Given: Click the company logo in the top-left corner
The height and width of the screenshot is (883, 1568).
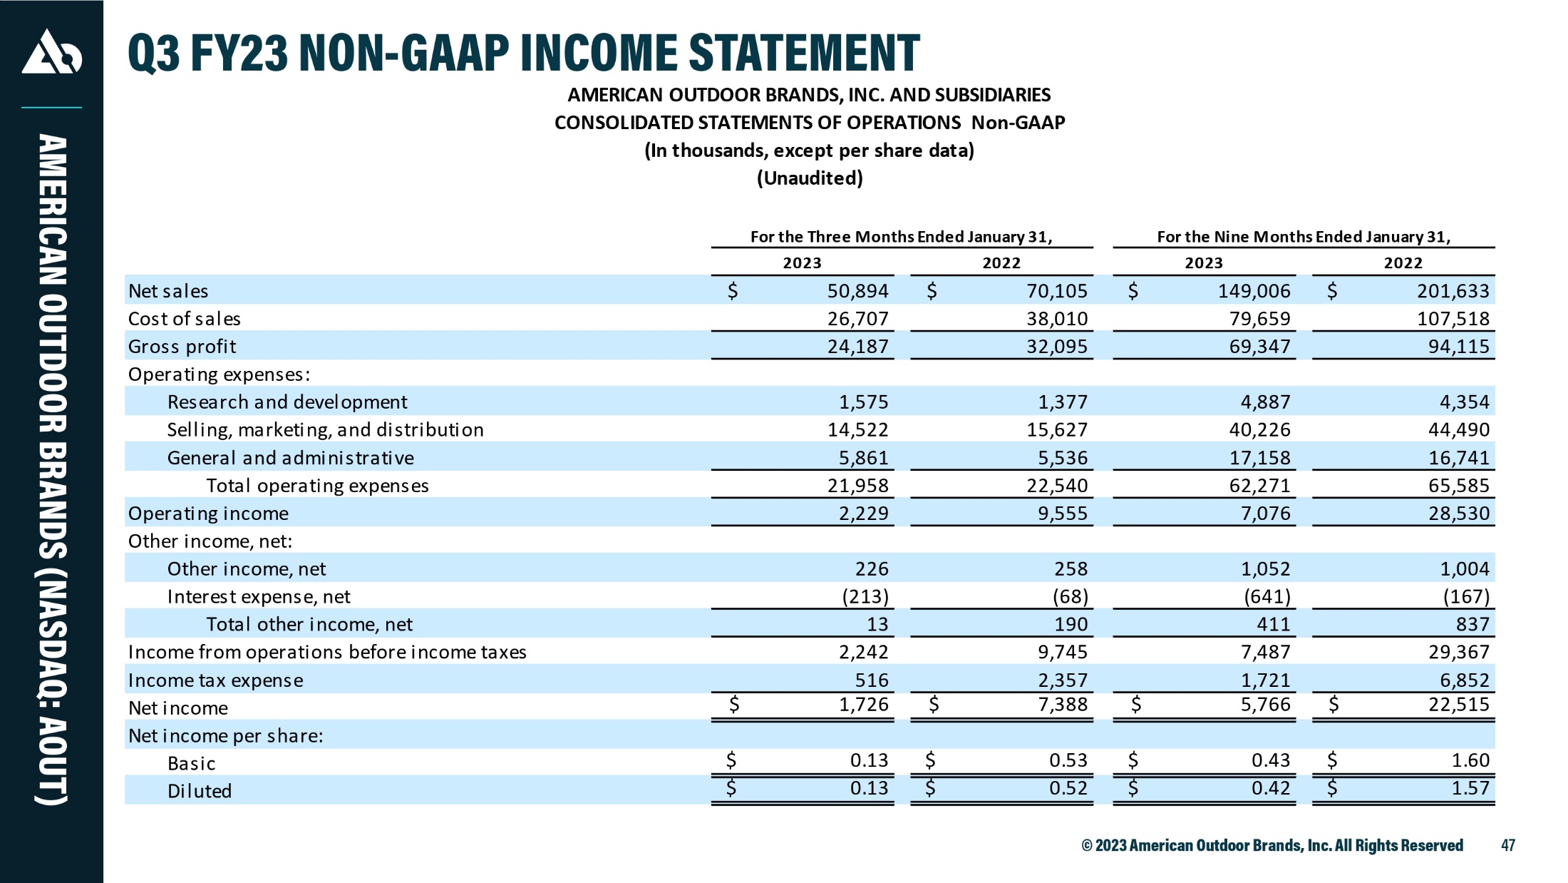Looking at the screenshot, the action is coord(51,51).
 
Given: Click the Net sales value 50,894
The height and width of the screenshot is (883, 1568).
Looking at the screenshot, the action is coord(857,291).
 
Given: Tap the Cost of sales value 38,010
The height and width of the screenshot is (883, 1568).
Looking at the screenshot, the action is coord(1057,319).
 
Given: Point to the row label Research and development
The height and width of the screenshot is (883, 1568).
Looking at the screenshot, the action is coord(287,402).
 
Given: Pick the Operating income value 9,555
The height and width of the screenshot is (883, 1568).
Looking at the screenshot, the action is coord(1063,514).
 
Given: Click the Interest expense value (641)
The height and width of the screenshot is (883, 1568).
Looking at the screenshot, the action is coord(1267,596).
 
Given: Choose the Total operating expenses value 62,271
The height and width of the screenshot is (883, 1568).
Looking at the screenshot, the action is coord(1259,486).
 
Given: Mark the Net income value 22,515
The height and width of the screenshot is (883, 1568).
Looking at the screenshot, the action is coord(1458,705).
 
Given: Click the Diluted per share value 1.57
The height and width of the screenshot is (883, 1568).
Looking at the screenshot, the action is coord(1470,788).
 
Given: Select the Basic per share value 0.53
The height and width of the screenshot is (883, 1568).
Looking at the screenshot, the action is coord(1068,760).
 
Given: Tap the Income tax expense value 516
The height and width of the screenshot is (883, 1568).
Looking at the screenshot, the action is coord(872,680).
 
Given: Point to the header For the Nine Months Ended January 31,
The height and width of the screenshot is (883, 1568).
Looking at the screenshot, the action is coord(1304,237).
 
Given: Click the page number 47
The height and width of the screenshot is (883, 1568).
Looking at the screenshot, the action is coord(1508,845).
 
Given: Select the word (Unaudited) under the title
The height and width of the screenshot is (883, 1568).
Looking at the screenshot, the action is coord(810,178).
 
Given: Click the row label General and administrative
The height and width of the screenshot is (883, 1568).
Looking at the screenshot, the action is coord(291,458).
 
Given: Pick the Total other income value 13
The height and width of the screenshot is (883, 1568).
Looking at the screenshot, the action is coord(877,625).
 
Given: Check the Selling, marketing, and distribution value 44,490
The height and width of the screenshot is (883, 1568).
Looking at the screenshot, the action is coord(1458,430).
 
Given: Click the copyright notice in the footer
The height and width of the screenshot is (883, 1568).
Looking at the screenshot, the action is coord(1272,845).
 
